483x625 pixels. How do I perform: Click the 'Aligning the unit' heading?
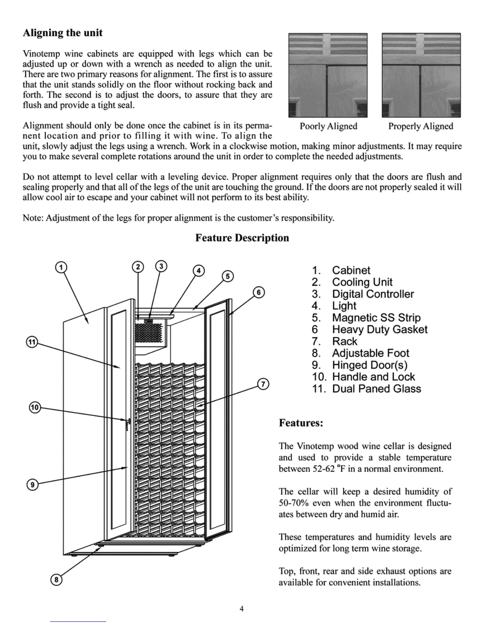tap(63, 33)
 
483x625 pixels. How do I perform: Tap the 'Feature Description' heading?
tap(242, 238)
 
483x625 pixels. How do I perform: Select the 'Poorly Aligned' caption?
tap(328, 126)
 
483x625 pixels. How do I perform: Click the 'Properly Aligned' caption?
tap(421, 126)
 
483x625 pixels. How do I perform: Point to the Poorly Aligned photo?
tap(328, 75)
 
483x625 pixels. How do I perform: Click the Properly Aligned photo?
tap(421, 75)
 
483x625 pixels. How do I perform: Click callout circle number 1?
tap(61, 267)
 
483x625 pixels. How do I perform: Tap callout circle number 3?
tap(161, 266)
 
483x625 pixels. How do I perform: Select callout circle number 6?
tap(258, 292)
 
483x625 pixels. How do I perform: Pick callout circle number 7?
tap(263, 384)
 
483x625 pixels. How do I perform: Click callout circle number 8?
tap(57, 579)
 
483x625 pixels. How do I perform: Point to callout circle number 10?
tap(35, 408)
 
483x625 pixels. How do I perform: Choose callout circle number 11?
tap(32, 342)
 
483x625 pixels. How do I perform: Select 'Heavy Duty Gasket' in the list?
tap(379, 329)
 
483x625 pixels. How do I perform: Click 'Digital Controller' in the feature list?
tap(373, 294)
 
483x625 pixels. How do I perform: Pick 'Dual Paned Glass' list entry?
tap(376, 389)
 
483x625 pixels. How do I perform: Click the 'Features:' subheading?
tap(301, 423)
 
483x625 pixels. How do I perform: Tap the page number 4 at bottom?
tap(241, 609)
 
